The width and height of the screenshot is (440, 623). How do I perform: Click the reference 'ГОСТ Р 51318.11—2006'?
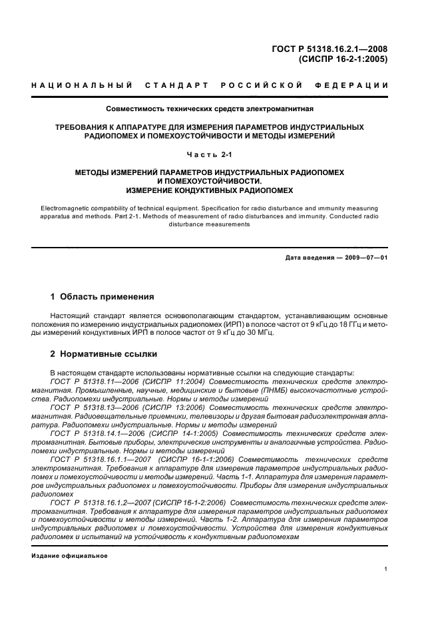point(91,382)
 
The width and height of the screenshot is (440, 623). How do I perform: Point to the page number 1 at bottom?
point(385,570)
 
